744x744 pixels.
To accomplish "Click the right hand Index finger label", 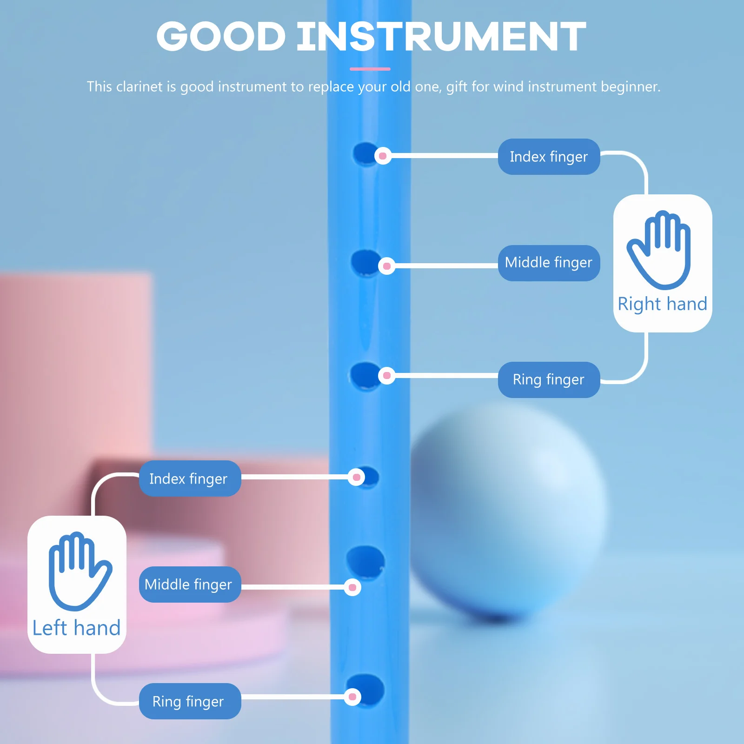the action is [549, 157].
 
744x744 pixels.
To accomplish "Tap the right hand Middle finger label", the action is [549, 263].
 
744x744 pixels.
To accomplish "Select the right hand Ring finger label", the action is [549, 379].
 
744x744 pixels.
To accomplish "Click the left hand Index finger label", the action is [190, 478].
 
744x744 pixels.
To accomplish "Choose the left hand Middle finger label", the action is [190, 585].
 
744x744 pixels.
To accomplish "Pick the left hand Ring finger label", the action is [190, 701].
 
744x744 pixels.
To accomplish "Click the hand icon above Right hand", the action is [659, 250].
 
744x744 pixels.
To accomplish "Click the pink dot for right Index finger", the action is [383, 156].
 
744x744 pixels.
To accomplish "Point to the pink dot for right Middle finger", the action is [386, 266].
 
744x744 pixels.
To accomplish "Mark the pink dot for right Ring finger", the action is [386, 375].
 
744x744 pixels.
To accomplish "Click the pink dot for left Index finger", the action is [357, 477].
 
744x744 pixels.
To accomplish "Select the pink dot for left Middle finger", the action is [352, 587].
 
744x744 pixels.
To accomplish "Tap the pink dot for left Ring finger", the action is [352, 697].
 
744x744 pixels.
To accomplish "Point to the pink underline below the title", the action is [370, 69].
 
